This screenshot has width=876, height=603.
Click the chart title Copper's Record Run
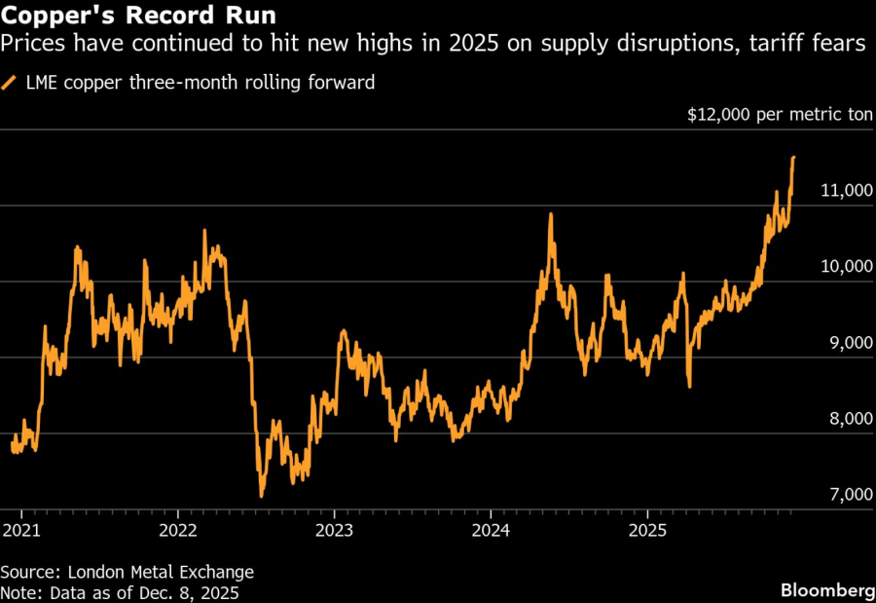137,17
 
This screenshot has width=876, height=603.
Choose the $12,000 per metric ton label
781,115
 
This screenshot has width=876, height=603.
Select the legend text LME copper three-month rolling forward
199,83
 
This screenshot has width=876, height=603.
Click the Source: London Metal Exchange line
127,572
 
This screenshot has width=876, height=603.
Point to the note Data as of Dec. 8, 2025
120,591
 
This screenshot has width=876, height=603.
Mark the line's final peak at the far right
793,157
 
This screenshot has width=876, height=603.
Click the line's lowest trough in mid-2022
261,496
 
